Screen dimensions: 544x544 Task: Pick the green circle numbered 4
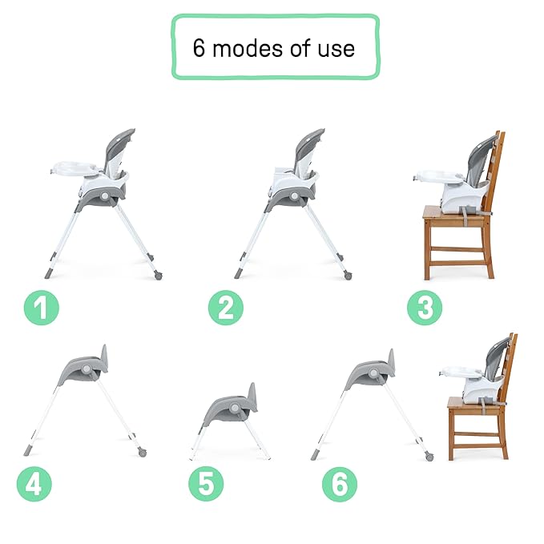(34, 484)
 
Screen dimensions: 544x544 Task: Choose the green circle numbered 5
(206, 484)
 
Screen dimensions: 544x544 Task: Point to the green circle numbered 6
(340, 484)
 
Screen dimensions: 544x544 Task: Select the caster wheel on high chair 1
(155, 276)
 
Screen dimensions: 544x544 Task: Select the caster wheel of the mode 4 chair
(141, 452)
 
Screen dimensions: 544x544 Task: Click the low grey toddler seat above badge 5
(233, 405)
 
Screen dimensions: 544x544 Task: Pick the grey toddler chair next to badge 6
(372, 373)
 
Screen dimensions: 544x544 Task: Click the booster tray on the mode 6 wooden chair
(457, 372)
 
